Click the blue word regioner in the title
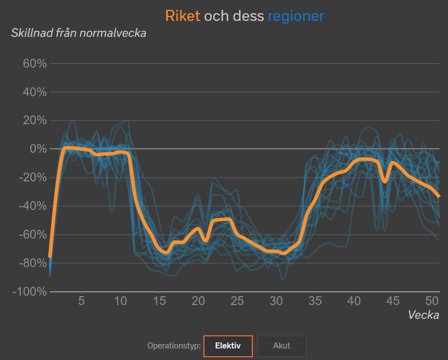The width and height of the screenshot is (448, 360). point(296,16)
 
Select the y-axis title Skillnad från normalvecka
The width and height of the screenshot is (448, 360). point(79,33)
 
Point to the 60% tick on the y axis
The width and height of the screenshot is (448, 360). point(35,63)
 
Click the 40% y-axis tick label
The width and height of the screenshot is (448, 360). point(35,92)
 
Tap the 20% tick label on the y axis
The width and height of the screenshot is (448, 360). point(35,120)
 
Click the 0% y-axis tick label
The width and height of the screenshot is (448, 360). point(38,149)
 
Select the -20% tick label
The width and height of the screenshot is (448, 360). point(33,178)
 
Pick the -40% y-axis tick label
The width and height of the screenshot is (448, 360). point(33,206)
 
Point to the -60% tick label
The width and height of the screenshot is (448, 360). point(33,235)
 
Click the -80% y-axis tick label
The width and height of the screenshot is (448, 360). point(33,263)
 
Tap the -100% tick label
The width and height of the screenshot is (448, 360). point(30,292)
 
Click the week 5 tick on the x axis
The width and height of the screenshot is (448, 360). point(81,301)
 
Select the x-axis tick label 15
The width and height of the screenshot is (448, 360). point(159,301)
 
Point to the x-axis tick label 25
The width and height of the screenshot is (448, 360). point(237,301)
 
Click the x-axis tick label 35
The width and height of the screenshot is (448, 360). point(315,301)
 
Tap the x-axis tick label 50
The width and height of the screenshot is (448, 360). point(432,301)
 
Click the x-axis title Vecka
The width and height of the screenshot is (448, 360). point(423,315)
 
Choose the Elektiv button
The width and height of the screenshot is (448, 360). point(228,346)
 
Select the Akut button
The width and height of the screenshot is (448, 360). point(281,346)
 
